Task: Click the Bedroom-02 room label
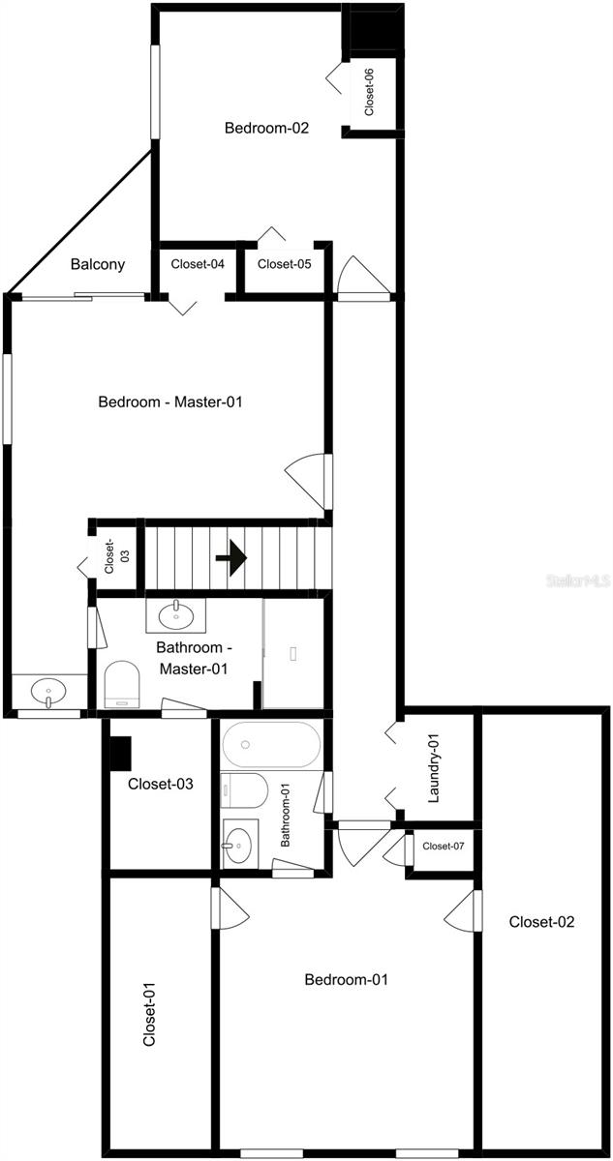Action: tap(266, 128)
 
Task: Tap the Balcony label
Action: tap(98, 264)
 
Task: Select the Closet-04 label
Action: tap(198, 264)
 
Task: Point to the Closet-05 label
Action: tap(284, 264)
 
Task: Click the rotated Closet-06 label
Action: tap(369, 92)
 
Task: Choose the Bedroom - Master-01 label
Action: tap(170, 402)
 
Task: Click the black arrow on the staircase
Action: tap(231, 557)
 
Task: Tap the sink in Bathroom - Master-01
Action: tap(176, 615)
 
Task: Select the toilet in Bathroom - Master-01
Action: tap(122, 684)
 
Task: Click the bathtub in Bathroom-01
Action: tap(271, 745)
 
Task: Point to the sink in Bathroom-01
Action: tap(240, 844)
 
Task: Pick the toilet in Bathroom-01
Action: tap(244, 789)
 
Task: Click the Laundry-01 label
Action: tap(434, 768)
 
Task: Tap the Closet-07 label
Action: tap(443, 846)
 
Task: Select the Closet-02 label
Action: tap(541, 921)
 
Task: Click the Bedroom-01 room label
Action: tap(346, 979)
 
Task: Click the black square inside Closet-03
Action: tap(121, 752)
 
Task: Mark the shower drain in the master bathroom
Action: tap(293, 654)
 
